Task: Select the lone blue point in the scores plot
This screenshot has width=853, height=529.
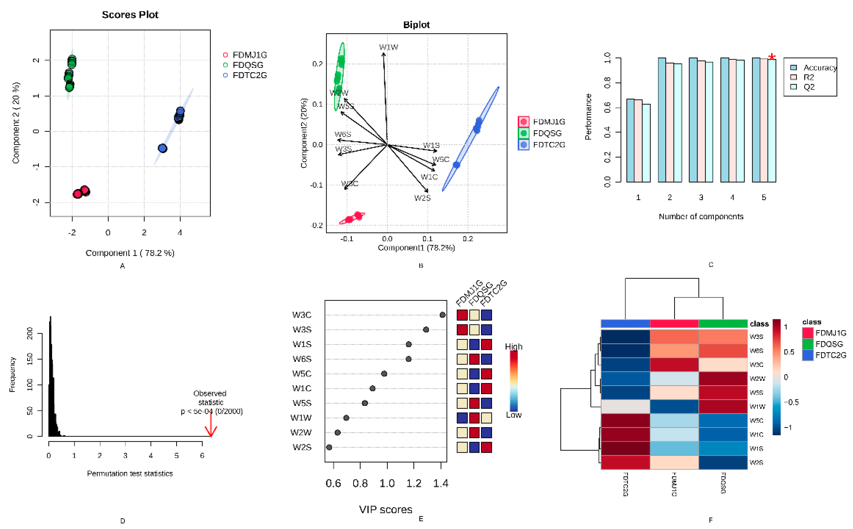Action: [x=162, y=148]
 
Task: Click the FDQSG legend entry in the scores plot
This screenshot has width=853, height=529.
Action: [x=247, y=65]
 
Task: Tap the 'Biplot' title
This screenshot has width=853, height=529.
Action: [x=416, y=25]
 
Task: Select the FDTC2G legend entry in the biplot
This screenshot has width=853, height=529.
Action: [x=548, y=145]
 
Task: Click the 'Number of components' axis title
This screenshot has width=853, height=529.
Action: [x=701, y=217]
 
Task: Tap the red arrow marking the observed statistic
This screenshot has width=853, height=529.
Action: [x=211, y=425]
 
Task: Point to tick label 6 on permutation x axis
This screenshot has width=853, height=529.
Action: [x=202, y=455]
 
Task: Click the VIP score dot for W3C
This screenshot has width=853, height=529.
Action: [x=442, y=315]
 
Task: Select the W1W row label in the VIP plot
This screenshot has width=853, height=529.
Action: [x=301, y=418]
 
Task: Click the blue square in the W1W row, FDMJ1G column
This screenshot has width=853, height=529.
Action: [x=462, y=418]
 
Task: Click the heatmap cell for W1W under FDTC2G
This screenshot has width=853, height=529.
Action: [x=625, y=407]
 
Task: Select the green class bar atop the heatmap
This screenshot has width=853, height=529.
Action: [x=722, y=324]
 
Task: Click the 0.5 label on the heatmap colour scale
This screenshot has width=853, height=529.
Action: [x=789, y=352]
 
